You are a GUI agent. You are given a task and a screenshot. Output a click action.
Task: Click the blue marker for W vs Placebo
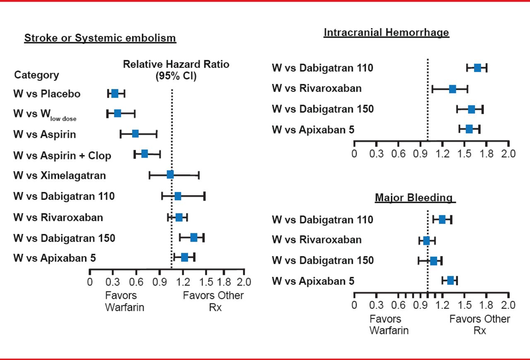click(x=115, y=94)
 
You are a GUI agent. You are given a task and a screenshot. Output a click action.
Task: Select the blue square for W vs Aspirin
click(x=135, y=134)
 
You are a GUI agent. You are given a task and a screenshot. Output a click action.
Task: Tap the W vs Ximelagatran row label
click(x=60, y=175)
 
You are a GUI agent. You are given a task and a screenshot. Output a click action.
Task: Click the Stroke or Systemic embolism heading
click(x=100, y=38)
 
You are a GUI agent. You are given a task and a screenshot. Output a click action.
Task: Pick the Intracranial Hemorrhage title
click(x=386, y=33)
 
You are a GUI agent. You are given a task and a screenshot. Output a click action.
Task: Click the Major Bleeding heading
click(x=414, y=197)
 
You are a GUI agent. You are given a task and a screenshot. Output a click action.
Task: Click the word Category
click(x=36, y=75)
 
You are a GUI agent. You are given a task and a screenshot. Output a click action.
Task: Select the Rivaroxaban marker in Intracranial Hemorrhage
click(x=453, y=89)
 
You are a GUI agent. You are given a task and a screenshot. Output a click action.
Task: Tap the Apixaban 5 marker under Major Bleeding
click(x=450, y=281)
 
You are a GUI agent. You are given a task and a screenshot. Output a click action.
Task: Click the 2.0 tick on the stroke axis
click(x=244, y=282)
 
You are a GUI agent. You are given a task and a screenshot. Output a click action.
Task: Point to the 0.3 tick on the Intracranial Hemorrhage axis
click(x=376, y=154)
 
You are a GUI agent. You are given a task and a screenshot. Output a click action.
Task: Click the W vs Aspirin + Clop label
click(x=62, y=156)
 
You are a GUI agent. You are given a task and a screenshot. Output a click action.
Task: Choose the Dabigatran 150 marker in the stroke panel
click(x=193, y=238)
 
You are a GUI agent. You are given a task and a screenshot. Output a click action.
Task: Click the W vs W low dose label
click(x=45, y=115)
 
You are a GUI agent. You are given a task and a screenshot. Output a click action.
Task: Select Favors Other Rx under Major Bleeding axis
click(x=479, y=325)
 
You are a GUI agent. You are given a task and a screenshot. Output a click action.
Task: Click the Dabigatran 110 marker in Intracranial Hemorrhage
click(x=477, y=68)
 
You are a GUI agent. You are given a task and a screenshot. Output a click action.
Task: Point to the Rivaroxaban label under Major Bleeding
click(x=317, y=240)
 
